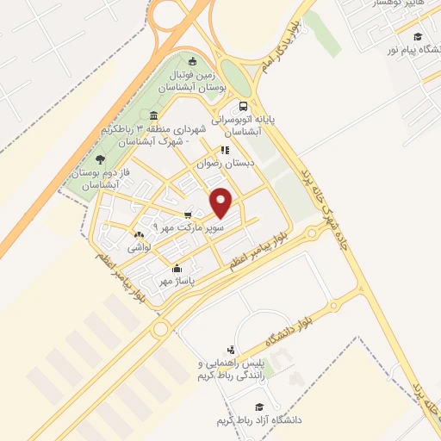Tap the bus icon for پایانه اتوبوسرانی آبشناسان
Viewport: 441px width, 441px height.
pos(242,106)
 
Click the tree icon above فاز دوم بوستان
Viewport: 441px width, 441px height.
pos(101,159)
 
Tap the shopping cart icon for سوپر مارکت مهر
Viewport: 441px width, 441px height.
pos(188,215)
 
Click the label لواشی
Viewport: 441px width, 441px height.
pos(140,247)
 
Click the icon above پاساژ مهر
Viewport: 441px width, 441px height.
pos(177,268)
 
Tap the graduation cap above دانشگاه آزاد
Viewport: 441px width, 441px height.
pos(257,407)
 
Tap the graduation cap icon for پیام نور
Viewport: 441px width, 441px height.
pos(419,36)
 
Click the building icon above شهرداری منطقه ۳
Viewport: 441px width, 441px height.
pos(153,116)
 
